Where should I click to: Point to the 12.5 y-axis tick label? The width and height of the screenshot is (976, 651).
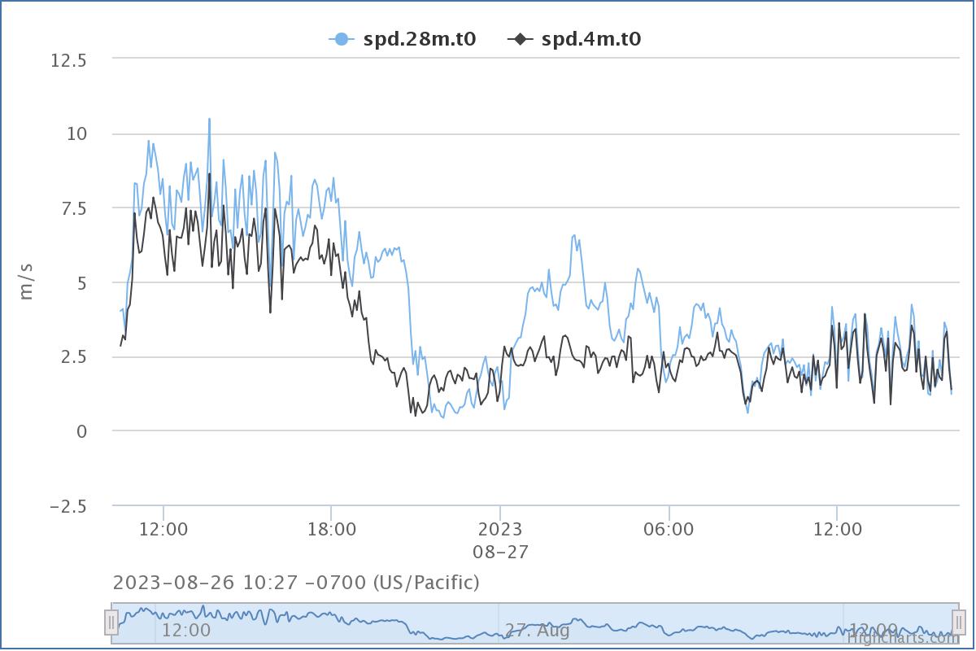(68, 59)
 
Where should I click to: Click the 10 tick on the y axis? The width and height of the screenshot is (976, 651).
(76, 133)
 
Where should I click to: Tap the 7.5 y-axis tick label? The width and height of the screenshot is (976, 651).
(72, 208)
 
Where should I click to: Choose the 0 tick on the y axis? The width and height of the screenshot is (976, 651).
(81, 431)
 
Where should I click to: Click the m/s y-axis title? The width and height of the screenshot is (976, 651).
(26, 282)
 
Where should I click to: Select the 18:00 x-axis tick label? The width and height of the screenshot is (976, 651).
(332, 530)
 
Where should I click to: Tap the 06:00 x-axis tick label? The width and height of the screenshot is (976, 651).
(669, 530)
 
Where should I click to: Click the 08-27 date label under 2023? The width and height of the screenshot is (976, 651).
(500, 553)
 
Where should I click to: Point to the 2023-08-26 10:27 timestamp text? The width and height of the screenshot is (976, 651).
(296, 583)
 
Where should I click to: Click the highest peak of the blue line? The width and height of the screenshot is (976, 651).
(209, 119)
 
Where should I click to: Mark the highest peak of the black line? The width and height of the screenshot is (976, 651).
(209, 173)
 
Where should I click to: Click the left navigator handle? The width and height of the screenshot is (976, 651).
(111, 623)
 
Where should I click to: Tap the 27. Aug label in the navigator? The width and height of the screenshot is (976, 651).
(537, 631)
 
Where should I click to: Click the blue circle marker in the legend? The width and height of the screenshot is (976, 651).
(342, 38)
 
